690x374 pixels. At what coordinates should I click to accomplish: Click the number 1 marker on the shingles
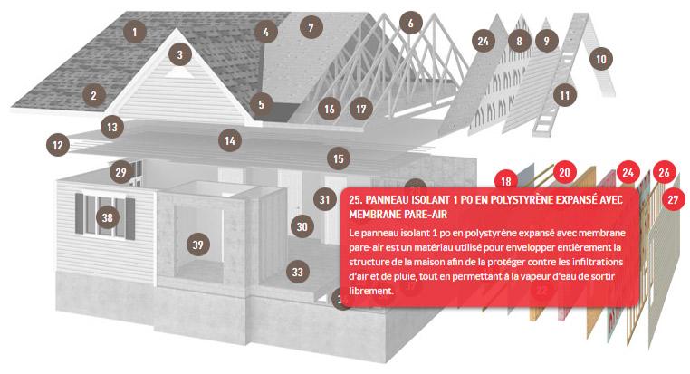pos(135,32)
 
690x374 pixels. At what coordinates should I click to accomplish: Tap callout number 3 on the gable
pos(180,54)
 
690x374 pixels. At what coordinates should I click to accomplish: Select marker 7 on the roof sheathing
pos(311,27)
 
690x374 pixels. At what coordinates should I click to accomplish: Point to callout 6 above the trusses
pos(411,23)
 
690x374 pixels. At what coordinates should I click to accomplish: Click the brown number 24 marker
pos(484,41)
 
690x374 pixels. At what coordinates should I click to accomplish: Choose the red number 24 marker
pos(628,172)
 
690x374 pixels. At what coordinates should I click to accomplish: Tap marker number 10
pos(601,59)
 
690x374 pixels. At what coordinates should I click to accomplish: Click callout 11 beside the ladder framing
pos(565,95)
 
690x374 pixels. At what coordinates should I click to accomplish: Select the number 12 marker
pos(58,145)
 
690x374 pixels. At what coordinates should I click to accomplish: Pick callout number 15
pos(339,158)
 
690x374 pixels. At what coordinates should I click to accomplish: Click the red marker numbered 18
pos(505,181)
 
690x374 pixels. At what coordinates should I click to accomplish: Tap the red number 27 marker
pos(673,200)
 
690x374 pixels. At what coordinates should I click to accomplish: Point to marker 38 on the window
pos(108,217)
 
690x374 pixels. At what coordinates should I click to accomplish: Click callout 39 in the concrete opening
pos(198,245)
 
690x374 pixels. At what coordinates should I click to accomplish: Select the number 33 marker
pos(298,272)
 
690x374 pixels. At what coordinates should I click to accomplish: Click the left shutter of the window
pos(79,213)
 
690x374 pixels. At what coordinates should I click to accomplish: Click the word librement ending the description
pos(370,291)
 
